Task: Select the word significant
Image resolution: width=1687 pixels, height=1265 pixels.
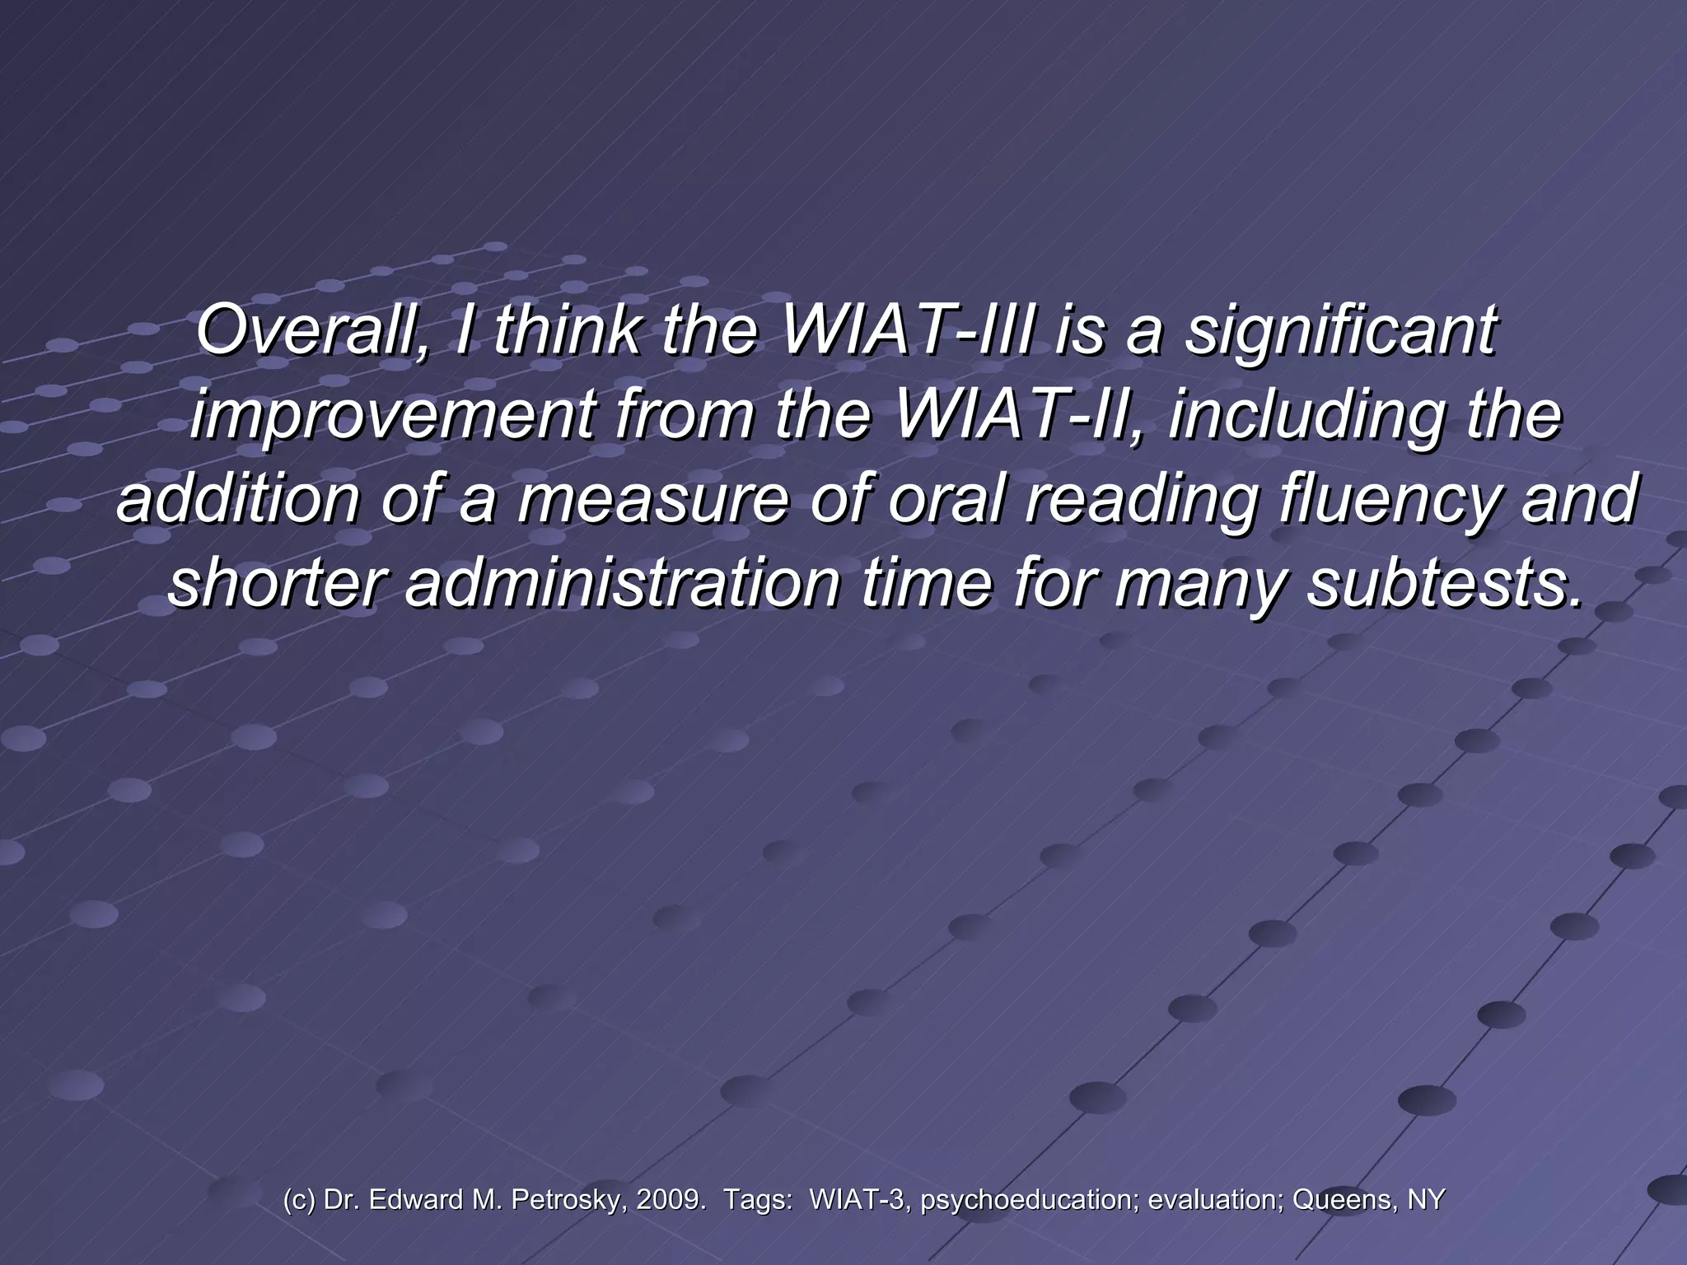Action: (x=1339, y=331)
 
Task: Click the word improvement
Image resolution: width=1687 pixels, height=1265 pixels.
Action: (x=390, y=416)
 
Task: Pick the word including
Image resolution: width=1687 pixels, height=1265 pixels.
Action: (x=1306, y=416)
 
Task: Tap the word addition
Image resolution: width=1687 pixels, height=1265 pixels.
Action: (x=238, y=500)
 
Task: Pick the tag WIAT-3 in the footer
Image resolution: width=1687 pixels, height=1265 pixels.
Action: (x=857, y=1200)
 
